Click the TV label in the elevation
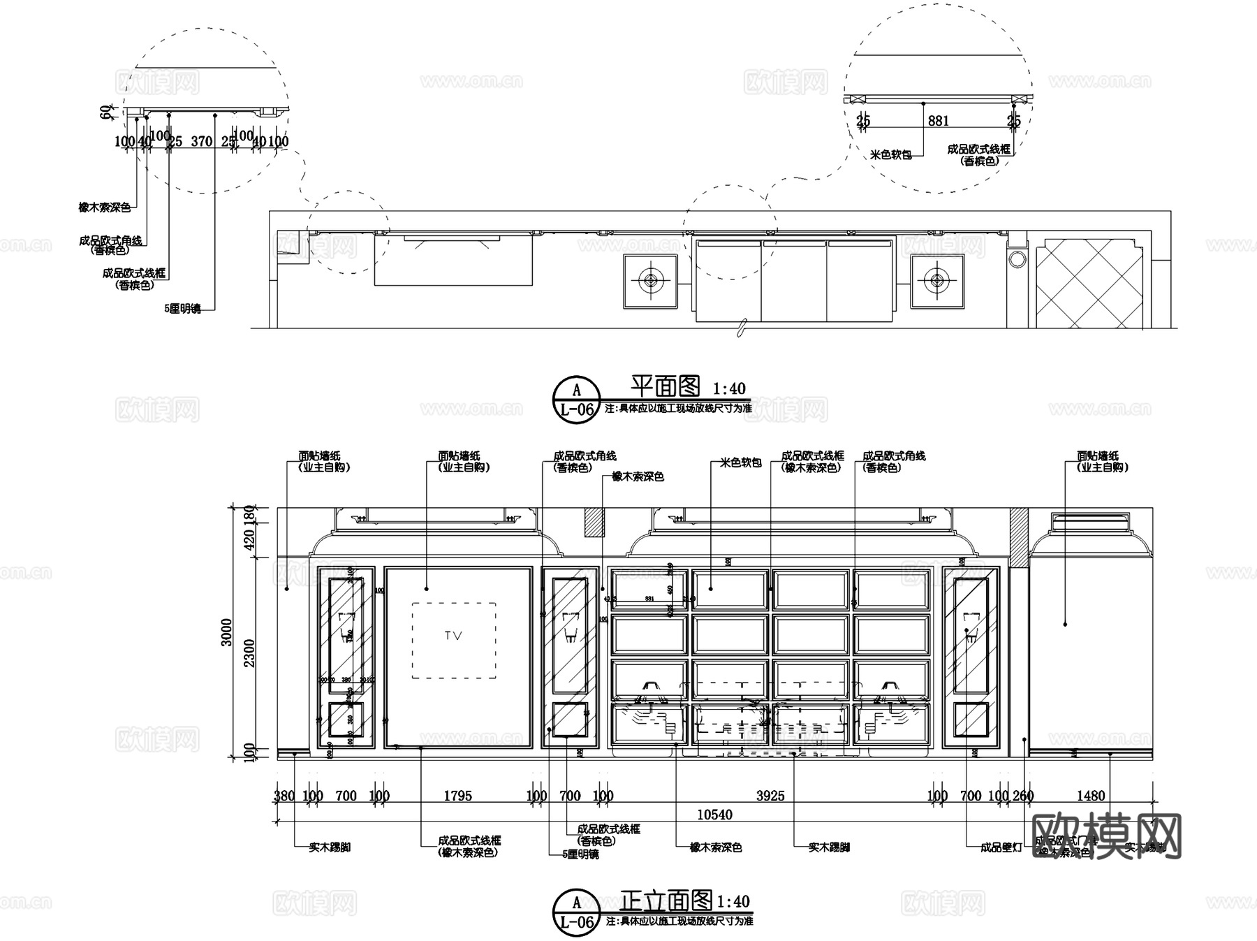tap(453, 636)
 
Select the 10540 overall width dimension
tap(714, 815)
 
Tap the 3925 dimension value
tap(770, 796)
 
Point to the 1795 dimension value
tap(457, 796)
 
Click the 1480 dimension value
tap(1090, 796)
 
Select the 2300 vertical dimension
tap(249, 653)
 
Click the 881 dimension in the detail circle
tap(938, 121)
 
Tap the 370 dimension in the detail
tap(201, 141)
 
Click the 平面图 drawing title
tap(665, 386)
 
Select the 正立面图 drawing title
tap(666, 900)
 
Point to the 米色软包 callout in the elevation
tap(740, 462)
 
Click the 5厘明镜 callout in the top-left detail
tap(182, 308)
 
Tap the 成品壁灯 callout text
tap(1001, 847)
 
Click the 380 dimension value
tap(284, 796)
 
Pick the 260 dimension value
tap(1023, 796)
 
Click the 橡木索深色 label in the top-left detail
tap(104, 207)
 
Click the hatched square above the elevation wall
tap(594, 522)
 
